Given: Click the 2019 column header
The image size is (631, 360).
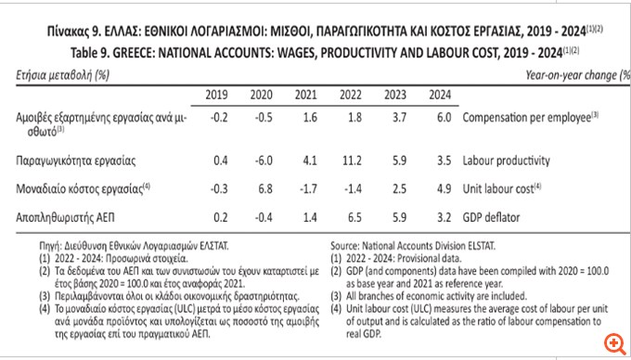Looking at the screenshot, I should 215,95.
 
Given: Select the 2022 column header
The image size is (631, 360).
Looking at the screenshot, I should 351,95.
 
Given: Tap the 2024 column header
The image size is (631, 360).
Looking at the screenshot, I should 441,95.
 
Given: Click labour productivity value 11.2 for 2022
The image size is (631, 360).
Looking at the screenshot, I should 352,161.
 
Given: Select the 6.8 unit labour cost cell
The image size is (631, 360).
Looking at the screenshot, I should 263,188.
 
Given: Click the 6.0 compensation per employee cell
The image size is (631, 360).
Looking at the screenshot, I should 443,120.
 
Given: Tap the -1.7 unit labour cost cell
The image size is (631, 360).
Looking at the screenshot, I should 307,188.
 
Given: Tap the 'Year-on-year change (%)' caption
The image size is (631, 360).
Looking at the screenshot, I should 573,72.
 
